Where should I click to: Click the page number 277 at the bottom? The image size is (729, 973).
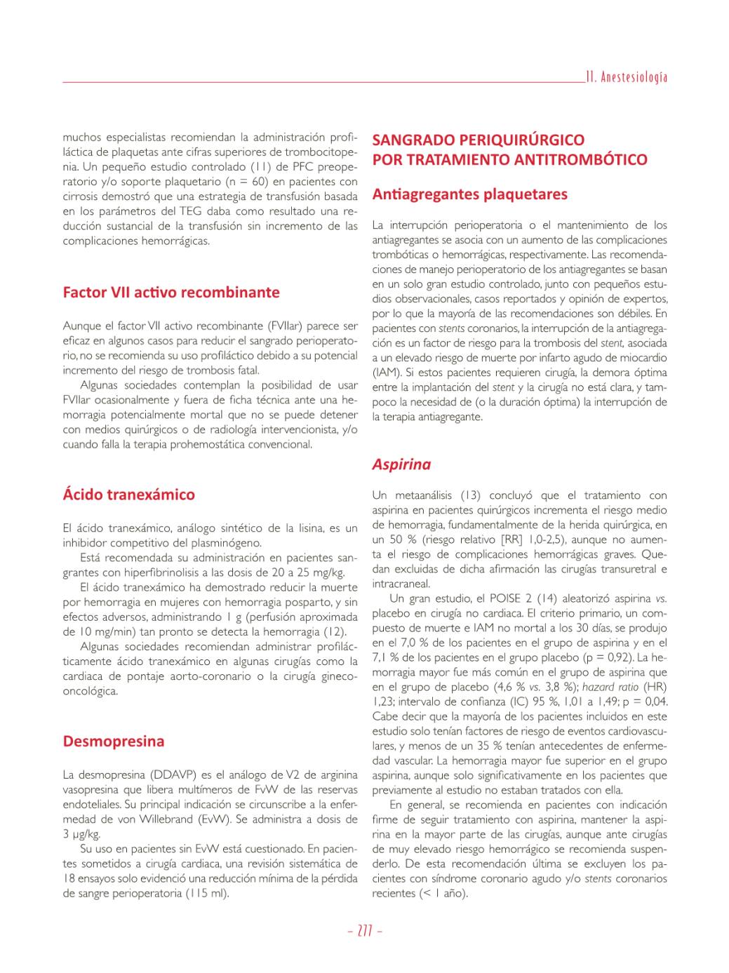(x=364, y=932)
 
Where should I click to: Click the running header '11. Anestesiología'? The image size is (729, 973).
(x=627, y=77)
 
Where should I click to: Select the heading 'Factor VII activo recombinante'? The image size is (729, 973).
(x=171, y=293)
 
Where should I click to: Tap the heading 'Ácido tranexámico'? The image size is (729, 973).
(x=129, y=495)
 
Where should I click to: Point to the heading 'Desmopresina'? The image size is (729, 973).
(x=114, y=742)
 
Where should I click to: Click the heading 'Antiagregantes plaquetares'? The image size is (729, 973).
(x=469, y=194)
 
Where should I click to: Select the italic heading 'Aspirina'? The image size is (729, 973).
(x=401, y=464)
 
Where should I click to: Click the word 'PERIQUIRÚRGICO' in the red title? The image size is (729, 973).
(x=521, y=140)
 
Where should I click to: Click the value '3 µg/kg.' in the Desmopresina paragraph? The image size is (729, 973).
(x=82, y=834)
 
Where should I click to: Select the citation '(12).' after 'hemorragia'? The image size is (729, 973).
(x=334, y=631)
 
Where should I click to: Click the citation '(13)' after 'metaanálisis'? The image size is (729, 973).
(x=470, y=495)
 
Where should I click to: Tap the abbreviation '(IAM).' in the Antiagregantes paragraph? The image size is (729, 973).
(x=387, y=373)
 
